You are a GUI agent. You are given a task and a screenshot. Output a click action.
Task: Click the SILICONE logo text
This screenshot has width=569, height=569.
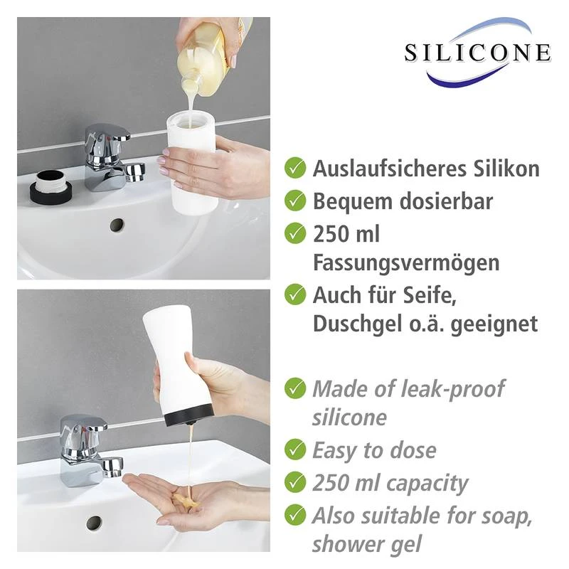click(477, 53)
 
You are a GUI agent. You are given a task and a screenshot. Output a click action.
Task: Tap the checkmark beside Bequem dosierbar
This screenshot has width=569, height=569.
click(295, 201)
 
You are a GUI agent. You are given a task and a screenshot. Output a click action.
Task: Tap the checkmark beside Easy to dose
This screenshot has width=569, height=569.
click(295, 450)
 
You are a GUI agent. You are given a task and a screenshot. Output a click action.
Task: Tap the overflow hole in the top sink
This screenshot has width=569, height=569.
click(117, 225)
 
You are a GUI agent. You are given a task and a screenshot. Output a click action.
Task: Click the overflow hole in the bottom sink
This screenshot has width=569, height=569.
click(94, 523)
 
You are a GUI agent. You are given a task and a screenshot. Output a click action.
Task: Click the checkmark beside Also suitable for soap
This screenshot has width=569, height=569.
click(295, 516)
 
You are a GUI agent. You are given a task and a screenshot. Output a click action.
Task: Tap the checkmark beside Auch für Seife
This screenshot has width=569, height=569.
click(295, 293)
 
